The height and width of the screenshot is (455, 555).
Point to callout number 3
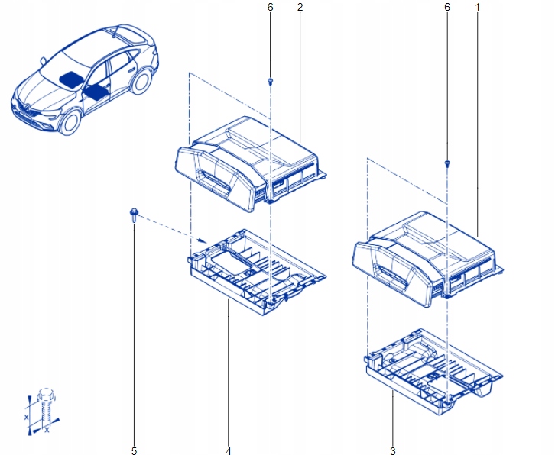pos(393,450)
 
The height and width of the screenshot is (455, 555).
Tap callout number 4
pos(228,450)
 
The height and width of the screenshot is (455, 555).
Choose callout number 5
pos(133,450)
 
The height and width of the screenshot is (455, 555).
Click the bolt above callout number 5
pos(133,216)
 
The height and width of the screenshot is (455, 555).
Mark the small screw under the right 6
pos(447,164)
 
